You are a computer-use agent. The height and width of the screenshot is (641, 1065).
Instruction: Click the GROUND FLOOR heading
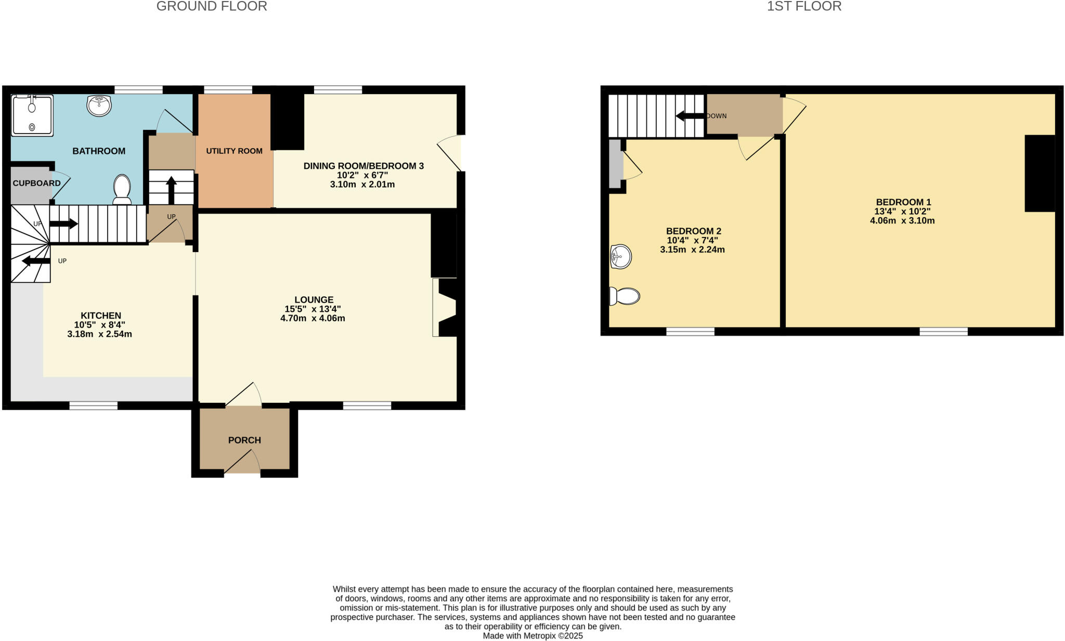click(212, 6)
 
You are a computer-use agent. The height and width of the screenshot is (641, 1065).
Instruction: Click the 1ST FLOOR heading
click(804, 6)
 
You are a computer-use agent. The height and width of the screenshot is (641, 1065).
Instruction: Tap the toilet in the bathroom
click(122, 189)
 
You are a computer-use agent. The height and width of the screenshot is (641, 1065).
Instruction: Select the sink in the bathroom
click(99, 106)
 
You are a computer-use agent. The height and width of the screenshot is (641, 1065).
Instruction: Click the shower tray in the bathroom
click(32, 115)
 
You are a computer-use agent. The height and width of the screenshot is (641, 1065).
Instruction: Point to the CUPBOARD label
click(36, 183)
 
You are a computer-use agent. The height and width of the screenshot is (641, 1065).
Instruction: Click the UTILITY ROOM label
click(234, 151)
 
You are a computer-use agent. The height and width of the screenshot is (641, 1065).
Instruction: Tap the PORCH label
click(244, 440)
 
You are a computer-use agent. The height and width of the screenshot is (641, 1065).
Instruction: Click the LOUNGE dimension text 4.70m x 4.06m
click(313, 318)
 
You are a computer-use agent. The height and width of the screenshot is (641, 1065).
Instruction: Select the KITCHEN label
click(101, 315)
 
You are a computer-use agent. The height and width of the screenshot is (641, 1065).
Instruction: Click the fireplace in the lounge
click(445, 307)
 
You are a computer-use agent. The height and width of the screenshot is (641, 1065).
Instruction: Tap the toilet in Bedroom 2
click(625, 296)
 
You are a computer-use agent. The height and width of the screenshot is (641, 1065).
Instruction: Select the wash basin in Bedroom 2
click(621, 256)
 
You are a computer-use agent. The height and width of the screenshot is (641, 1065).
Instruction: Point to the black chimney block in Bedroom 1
click(1040, 173)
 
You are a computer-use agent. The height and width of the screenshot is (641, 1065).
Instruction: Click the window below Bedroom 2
click(690, 331)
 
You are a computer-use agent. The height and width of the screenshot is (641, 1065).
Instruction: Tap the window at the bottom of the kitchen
click(94, 405)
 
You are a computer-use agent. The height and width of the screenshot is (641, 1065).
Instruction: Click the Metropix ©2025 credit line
click(532, 636)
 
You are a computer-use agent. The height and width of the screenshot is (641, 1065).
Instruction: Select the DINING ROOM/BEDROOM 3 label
click(363, 166)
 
